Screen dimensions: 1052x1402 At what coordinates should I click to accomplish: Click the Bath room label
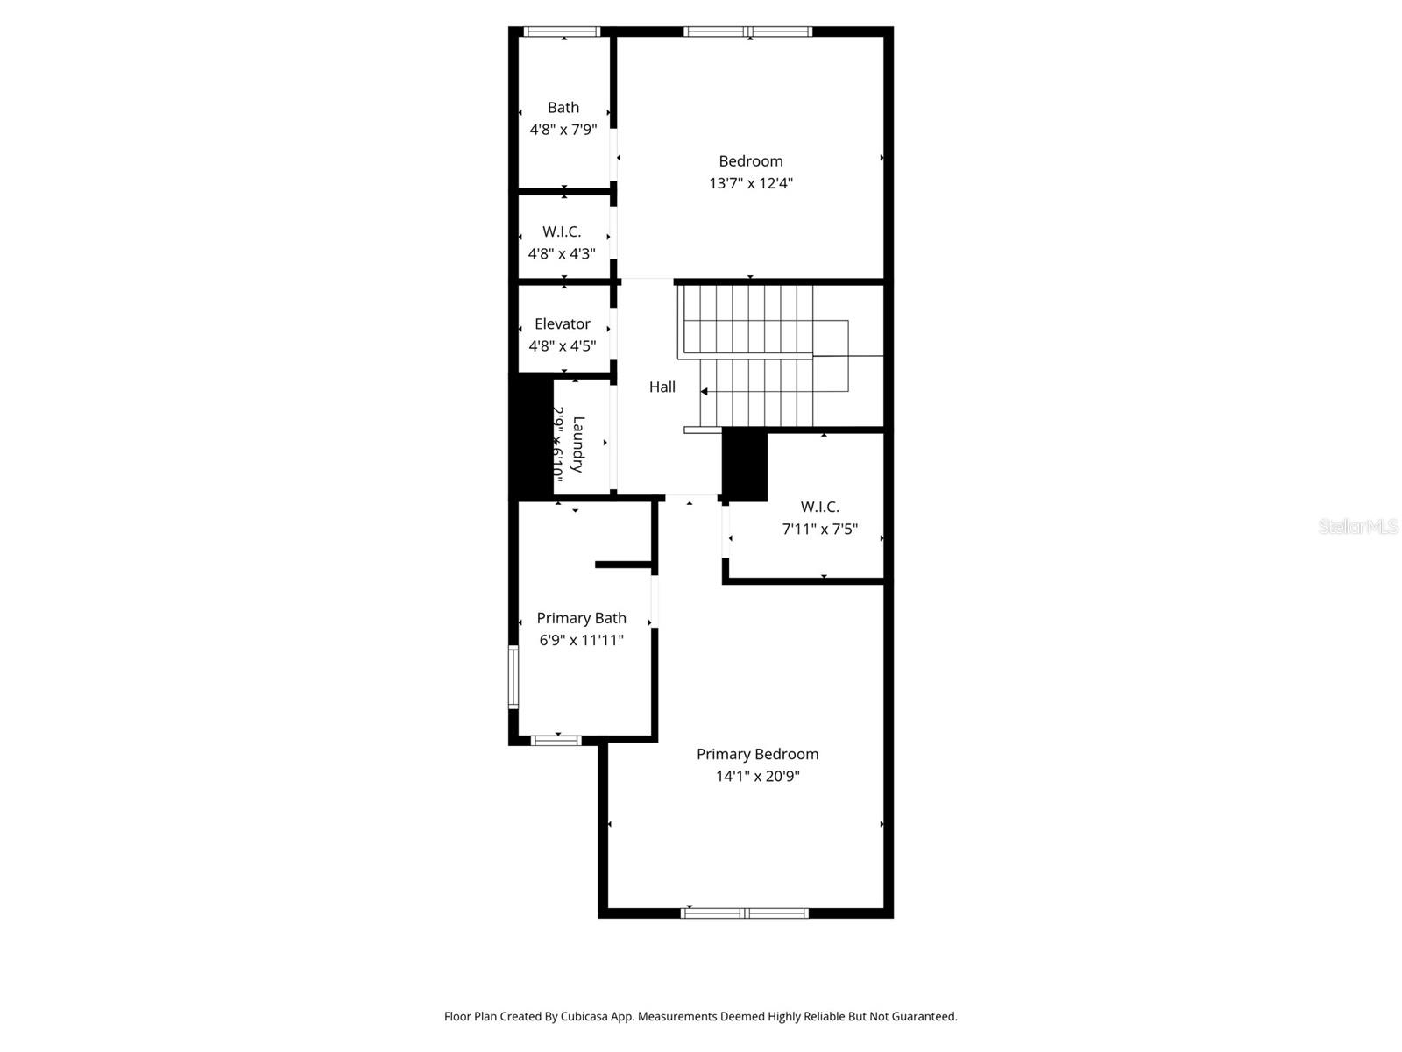[x=563, y=108]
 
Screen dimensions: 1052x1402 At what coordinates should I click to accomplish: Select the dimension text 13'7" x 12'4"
[x=751, y=183]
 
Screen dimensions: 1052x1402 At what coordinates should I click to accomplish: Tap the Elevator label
[x=563, y=323]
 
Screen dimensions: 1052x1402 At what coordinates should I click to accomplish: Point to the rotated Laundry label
[x=577, y=444]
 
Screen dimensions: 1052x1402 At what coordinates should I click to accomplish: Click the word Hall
[x=662, y=387]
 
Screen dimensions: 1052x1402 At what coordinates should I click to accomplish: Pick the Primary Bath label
[x=581, y=618]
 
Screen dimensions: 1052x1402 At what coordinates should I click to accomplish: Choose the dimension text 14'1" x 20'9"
[x=757, y=776]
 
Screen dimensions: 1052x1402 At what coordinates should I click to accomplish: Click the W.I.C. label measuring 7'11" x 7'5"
[x=819, y=507]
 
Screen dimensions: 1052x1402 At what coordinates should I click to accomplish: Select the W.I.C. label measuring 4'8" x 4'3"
[x=562, y=231]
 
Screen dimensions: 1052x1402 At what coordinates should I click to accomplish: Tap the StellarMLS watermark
[x=1357, y=526]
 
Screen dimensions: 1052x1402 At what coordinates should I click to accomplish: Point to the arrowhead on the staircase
[x=704, y=392]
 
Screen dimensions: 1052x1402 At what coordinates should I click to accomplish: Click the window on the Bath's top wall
[x=562, y=32]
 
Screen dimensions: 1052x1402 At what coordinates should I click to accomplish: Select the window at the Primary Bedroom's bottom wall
[x=745, y=913]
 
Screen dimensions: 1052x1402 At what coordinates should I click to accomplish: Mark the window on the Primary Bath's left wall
[x=513, y=677]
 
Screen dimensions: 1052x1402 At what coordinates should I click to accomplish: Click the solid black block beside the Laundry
[x=530, y=437]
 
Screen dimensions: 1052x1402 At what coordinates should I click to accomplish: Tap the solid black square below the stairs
[x=745, y=465]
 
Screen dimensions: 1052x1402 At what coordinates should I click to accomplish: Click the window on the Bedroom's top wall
[x=747, y=32]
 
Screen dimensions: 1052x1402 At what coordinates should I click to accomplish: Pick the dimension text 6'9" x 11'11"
[x=581, y=640]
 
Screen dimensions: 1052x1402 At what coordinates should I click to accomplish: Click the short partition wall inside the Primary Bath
[x=623, y=565]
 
